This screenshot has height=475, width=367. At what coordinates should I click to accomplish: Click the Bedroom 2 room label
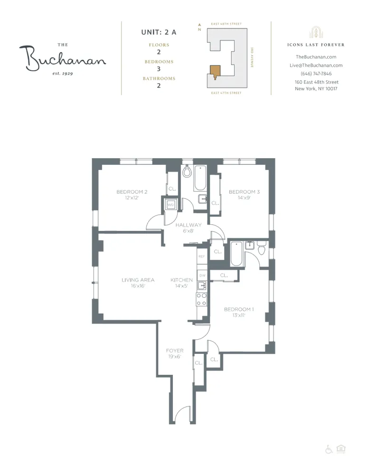(132, 192)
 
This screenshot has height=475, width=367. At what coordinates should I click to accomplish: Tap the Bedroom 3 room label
(244, 192)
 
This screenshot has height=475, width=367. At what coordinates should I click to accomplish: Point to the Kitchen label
(181, 280)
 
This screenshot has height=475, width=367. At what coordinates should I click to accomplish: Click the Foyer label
(175, 351)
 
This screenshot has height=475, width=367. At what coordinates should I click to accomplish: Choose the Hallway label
(188, 225)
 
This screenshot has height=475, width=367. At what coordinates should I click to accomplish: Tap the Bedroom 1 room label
(239, 310)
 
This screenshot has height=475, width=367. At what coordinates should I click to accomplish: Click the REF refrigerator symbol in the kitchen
(202, 256)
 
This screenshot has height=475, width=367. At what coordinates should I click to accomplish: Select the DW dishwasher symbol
(202, 275)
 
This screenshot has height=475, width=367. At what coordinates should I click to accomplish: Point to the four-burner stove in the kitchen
(202, 299)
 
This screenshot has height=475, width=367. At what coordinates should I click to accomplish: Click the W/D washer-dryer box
(170, 205)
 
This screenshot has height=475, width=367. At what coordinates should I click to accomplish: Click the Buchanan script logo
(62, 58)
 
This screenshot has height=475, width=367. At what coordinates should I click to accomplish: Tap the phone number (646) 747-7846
(316, 74)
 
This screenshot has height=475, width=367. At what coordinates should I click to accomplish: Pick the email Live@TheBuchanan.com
(316, 66)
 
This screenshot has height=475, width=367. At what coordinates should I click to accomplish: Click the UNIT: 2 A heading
(159, 32)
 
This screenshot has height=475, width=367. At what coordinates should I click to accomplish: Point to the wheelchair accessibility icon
(329, 449)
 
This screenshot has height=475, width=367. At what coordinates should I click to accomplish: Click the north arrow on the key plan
(200, 26)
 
